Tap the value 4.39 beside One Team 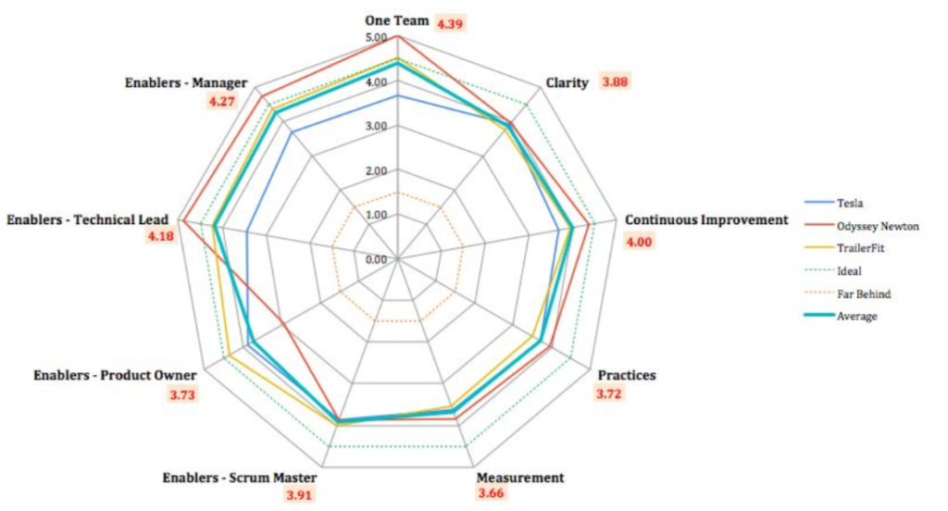(x=450, y=23)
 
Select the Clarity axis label (x=567, y=82)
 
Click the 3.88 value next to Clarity (x=615, y=81)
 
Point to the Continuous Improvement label (x=705, y=220)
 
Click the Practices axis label (x=626, y=375)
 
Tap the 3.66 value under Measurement (x=493, y=494)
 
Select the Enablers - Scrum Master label (x=239, y=478)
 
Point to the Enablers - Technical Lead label (x=87, y=220)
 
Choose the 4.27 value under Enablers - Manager (x=221, y=101)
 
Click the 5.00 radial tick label (x=377, y=38)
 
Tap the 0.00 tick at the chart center (x=377, y=259)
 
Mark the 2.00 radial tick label (x=377, y=171)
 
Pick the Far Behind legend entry (x=863, y=293)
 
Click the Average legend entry (x=856, y=316)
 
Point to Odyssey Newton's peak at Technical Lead (x=182, y=220)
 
